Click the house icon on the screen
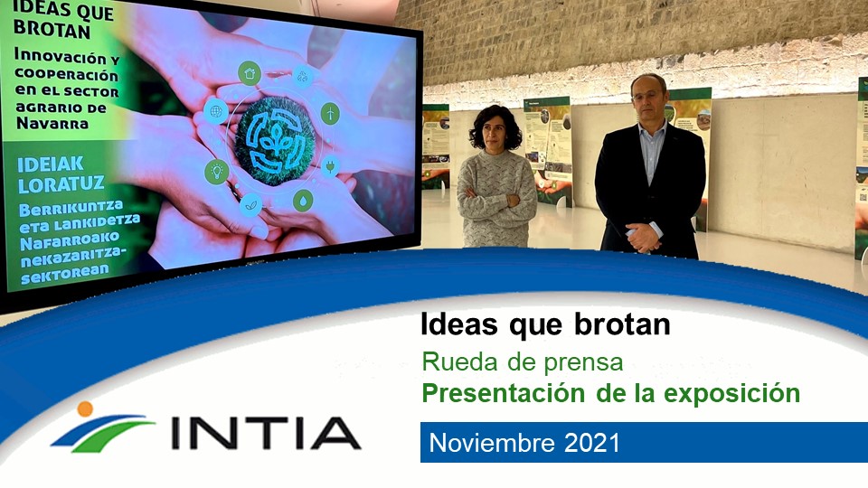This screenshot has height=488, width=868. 249,73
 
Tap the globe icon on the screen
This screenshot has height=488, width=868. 215,112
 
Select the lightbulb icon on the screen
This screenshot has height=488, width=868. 216,171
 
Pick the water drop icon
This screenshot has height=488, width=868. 303,200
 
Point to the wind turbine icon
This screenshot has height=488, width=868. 331,113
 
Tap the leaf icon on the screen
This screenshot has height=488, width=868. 251,205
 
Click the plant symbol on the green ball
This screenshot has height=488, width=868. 276,138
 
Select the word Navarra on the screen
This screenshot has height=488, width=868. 52,124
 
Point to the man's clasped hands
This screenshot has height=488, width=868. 643,237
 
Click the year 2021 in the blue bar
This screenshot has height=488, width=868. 591,443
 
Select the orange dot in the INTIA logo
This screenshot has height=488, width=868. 85,408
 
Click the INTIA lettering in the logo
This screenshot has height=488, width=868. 266,434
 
